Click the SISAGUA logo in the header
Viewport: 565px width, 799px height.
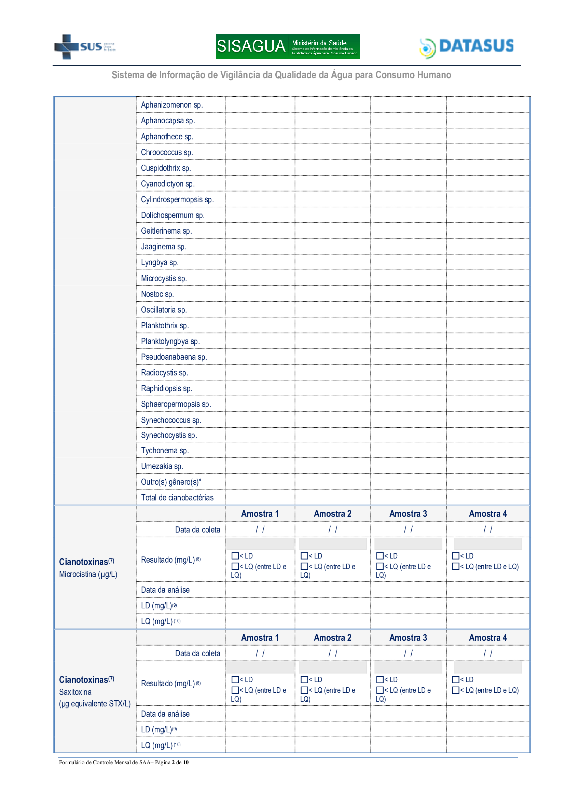[x=287, y=46]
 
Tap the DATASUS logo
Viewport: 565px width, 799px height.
[x=467, y=47]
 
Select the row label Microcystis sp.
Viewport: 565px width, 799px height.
[x=164, y=278]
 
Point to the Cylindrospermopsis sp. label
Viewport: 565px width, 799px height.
[x=177, y=199]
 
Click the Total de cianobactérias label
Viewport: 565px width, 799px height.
[x=177, y=497]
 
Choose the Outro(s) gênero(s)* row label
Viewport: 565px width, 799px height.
[x=171, y=482]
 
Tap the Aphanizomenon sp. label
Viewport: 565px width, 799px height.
[x=172, y=105]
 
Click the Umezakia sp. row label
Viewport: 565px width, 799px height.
[x=162, y=466]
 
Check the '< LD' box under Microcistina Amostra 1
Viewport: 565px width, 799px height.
[x=235, y=556]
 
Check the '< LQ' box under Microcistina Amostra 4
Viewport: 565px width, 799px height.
[x=455, y=566]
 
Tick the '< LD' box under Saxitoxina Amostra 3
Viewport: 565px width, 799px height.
[x=380, y=679]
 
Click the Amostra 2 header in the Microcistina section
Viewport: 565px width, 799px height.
[x=333, y=514]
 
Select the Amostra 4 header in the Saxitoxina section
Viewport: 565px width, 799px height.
[x=488, y=637]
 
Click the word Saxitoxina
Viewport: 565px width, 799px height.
[x=75, y=692]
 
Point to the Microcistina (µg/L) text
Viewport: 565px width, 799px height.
[x=88, y=574]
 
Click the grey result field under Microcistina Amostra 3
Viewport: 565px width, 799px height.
[x=408, y=543]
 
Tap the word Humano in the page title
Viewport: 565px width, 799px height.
[x=431, y=75]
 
